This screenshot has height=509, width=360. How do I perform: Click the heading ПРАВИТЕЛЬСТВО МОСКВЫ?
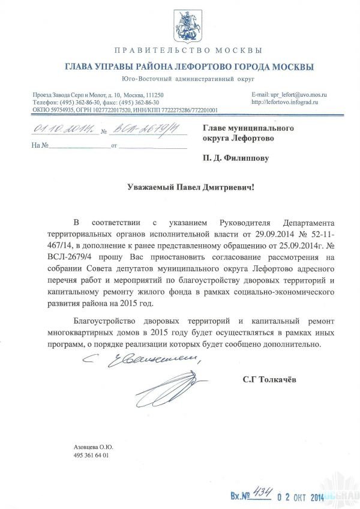[187, 50]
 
